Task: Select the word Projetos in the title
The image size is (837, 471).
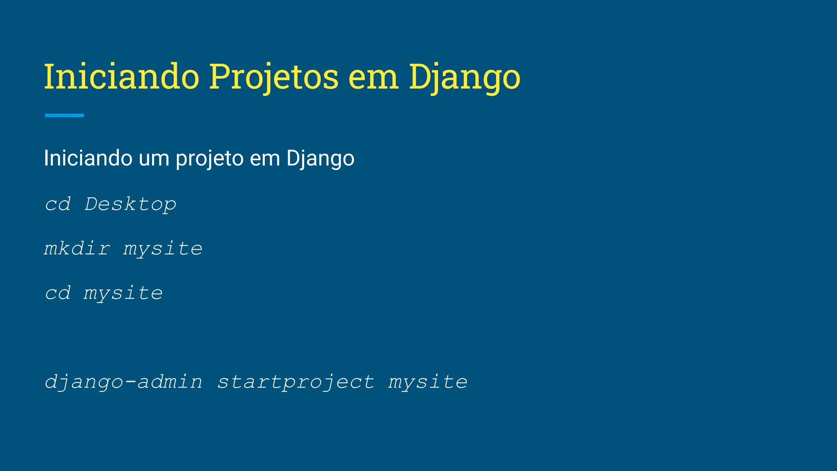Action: click(273, 76)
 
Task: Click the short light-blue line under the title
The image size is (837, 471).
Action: click(65, 115)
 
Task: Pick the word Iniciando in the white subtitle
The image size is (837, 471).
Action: click(88, 158)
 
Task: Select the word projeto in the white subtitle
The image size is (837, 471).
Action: click(210, 159)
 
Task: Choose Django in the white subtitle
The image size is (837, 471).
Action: click(320, 159)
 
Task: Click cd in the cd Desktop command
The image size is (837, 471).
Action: click(58, 204)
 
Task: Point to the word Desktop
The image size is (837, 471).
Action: click(130, 204)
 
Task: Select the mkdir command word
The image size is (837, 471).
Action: click(77, 249)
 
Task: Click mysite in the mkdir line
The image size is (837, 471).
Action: click(163, 249)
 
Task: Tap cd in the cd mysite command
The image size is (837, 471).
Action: click(58, 293)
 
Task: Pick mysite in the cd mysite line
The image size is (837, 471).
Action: click(123, 293)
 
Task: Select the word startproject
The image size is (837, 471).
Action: click(295, 382)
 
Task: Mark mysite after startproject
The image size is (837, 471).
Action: click(428, 382)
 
